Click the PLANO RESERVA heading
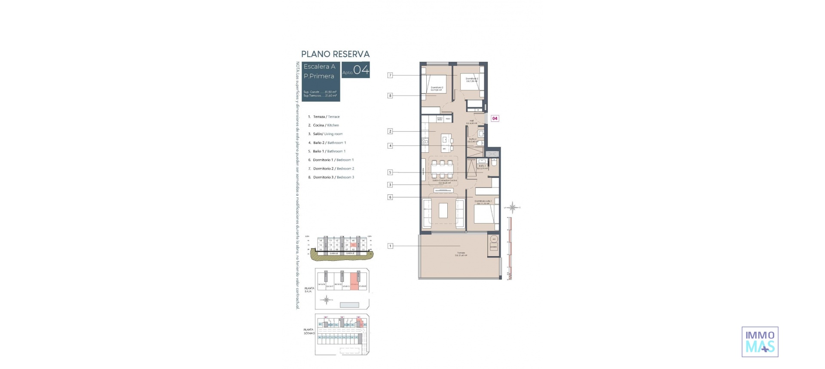(x=335, y=54)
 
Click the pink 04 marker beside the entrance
(x=495, y=118)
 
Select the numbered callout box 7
(x=390, y=76)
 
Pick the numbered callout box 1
(x=390, y=246)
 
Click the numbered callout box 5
(x=390, y=172)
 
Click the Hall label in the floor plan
(x=471, y=121)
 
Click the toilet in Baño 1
(x=495, y=163)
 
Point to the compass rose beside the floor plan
(x=513, y=208)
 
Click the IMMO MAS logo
(x=760, y=342)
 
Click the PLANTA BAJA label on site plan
(x=309, y=290)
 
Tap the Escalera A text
(x=319, y=67)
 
